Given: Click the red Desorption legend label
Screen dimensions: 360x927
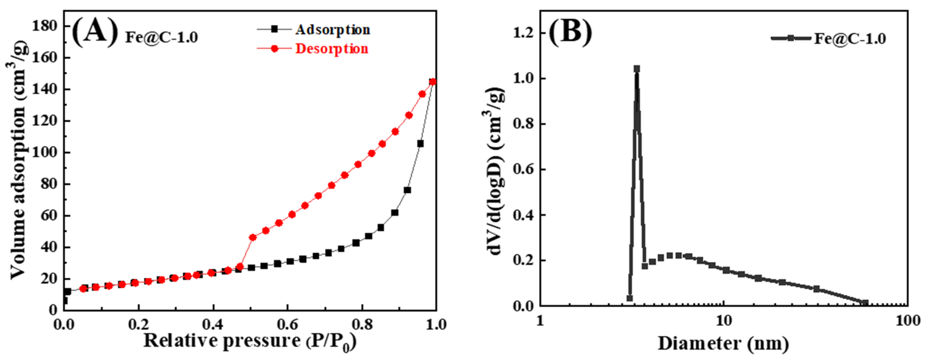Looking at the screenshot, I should (x=331, y=49).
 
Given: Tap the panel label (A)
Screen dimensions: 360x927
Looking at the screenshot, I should (x=95, y=32).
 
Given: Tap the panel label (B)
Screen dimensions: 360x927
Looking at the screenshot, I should (x=570, y=32).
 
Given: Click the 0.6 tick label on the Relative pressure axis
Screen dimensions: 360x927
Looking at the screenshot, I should (x=288, y=324).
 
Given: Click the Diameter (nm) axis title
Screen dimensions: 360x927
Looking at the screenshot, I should (x=723, y=343).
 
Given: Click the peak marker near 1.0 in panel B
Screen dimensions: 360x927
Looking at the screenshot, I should (x=637, y=69).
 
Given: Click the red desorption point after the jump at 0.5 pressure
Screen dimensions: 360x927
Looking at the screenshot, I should (x=253, y=238).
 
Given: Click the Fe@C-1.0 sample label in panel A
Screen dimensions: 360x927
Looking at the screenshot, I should (x=162, y=37).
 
